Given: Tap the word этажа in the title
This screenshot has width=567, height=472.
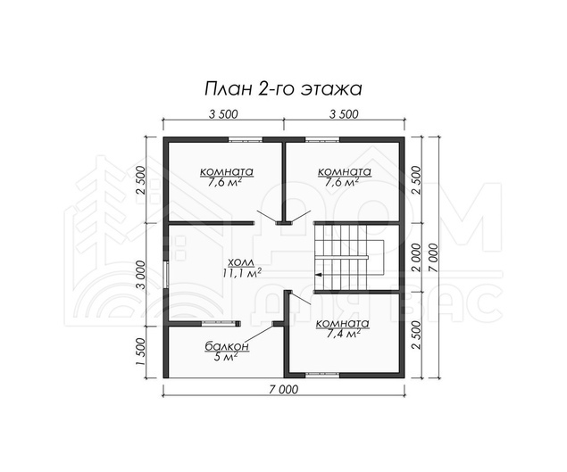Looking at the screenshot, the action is point(332,89).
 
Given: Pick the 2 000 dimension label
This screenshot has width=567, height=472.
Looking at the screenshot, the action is point(416,257).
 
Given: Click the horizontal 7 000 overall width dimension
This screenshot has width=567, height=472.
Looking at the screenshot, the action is point(284,389).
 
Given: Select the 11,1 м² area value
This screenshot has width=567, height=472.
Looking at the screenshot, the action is point(241,273).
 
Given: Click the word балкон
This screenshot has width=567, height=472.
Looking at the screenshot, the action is point(227,346).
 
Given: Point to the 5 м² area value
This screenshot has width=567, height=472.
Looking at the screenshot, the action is point(227,358).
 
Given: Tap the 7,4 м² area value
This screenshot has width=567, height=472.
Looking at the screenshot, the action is point(342,335).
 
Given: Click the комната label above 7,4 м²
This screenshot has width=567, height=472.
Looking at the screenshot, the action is point(343,324).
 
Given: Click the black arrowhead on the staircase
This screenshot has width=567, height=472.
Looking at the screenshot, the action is point(318,275).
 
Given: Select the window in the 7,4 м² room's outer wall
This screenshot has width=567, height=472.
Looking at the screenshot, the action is point(323,375).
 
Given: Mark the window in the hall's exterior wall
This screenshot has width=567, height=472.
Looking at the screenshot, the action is point(166,274).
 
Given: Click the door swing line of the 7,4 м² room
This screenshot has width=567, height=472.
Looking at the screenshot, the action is point(300,299).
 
